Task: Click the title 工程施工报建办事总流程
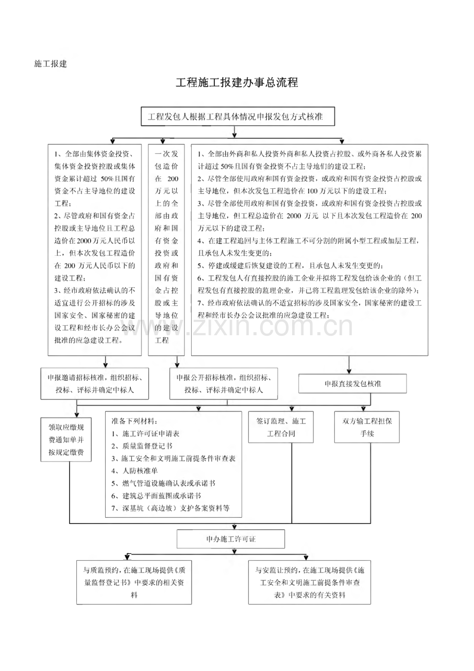pyautogui.click(x=237, y=83)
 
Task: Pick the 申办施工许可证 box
pyautogui.click(x=231, y=539)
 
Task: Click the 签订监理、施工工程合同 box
pyautogui.click(x=281, y=427)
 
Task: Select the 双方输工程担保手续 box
pyautogui.click(x=367, y=427)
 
